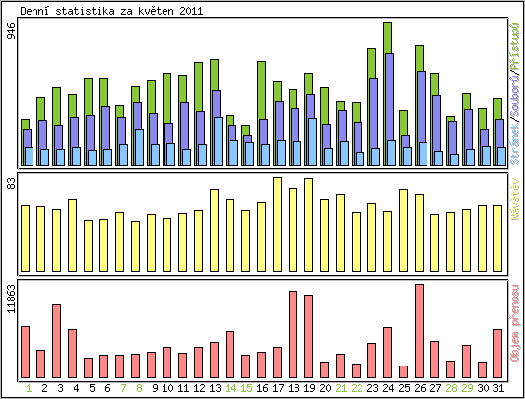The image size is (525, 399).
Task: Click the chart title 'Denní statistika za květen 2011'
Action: coord(112,9)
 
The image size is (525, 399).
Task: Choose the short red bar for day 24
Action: coord(404,371)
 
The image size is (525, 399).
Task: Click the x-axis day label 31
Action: coord(498,388)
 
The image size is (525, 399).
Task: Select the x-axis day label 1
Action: coord(26,388)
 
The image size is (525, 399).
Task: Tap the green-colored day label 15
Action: coord(246,388)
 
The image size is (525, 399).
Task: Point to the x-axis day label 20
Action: coord(325,388)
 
